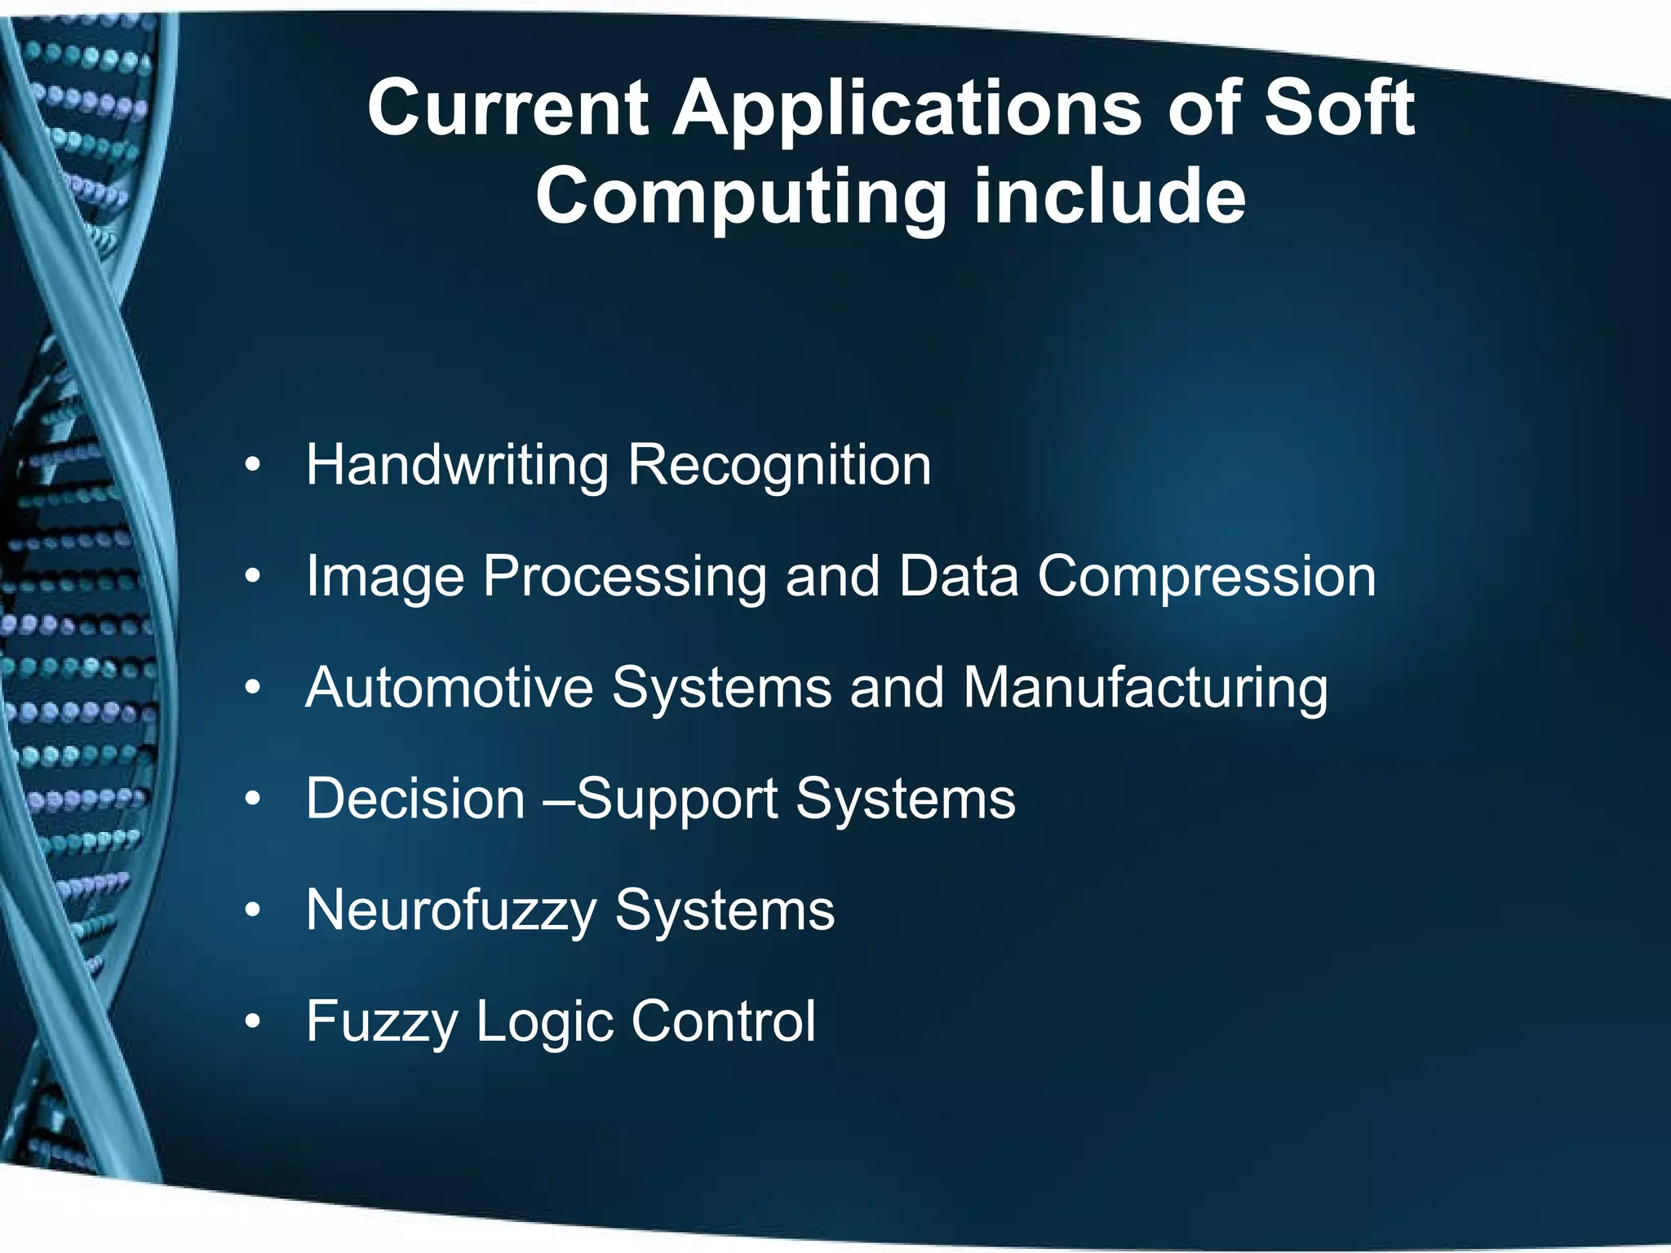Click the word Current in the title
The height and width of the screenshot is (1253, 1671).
[x=508, y=109]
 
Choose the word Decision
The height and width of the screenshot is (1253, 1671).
[x=415, y=799]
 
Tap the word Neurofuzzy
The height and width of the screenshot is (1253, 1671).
[x=451, y=911]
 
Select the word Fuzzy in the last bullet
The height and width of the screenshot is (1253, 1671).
[x=381, y=1023]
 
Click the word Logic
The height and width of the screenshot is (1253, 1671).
[x=543, y=1023]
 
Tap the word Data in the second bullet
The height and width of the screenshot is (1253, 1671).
[x=958, y=577]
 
